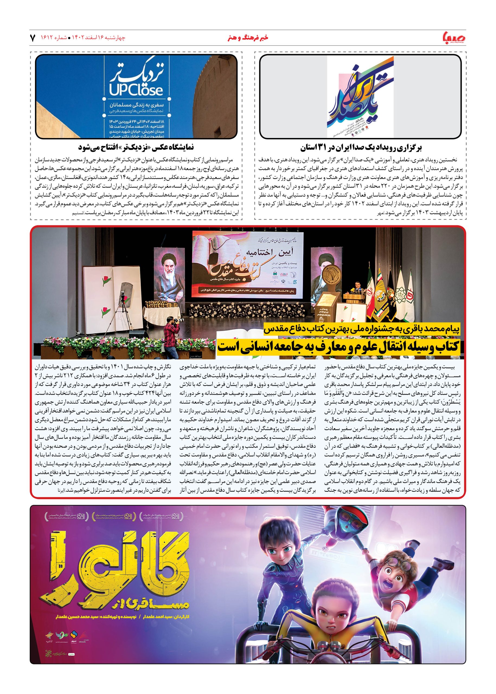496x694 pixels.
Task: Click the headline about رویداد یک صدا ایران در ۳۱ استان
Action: (360, 148)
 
